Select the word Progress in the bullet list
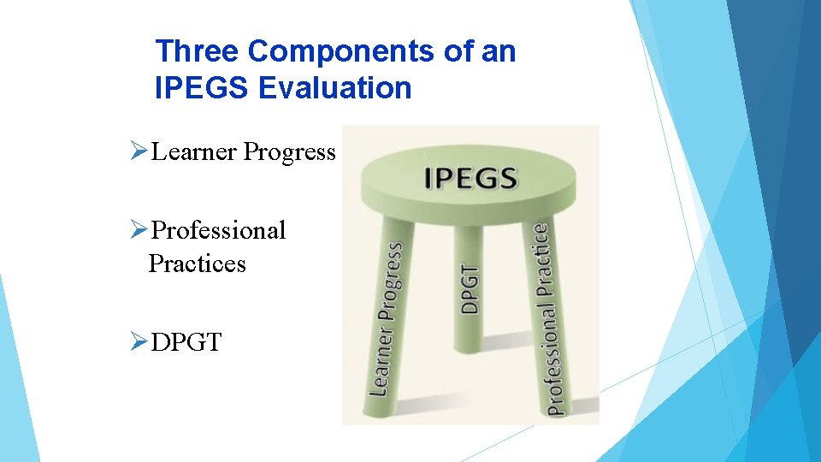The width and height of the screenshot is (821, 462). point(290,152)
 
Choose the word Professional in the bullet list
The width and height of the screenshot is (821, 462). point(218,230)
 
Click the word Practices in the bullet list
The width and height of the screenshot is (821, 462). point(197,264)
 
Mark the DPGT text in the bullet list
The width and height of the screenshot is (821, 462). point(186,343)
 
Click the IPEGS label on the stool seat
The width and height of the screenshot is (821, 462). point(470,178)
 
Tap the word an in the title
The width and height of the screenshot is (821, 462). point(499,52)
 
